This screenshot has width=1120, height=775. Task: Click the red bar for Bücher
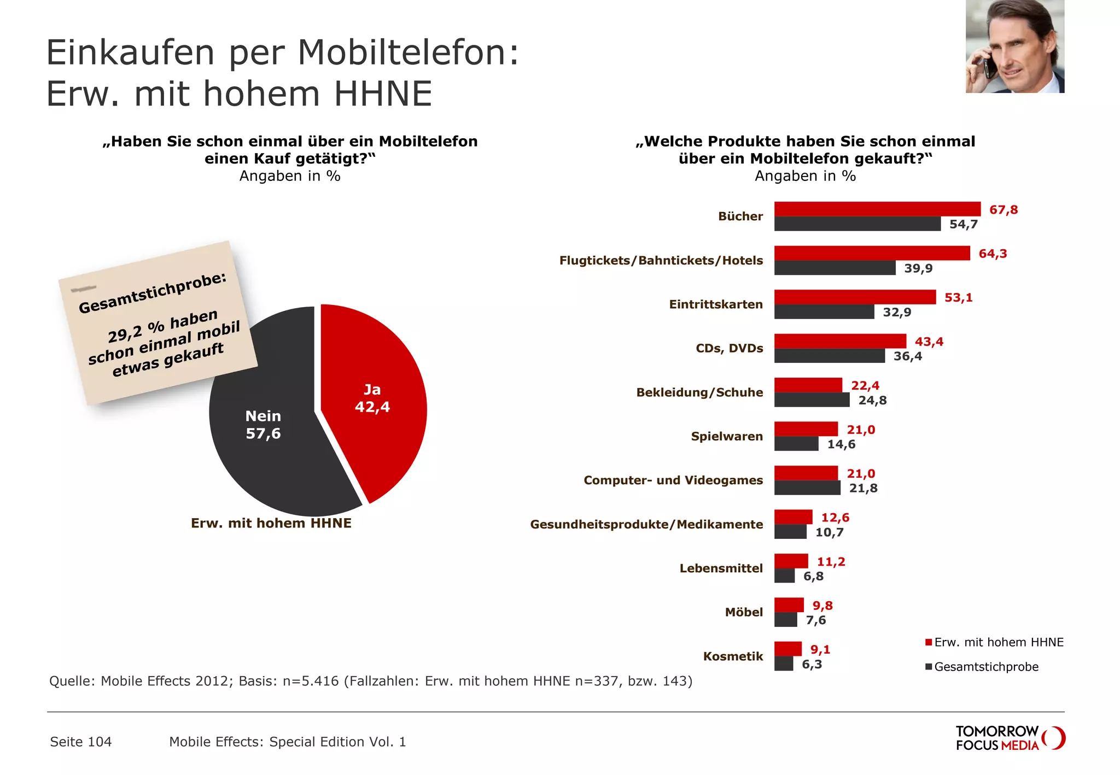pyautogui.click(x=877, y=209)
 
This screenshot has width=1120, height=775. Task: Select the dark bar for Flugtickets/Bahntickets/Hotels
pyautogui.click(x=835, y=268)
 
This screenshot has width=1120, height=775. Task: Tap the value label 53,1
pyautogui.click(x=958, y=298)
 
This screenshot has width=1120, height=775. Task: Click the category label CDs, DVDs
pyautogui.click(x=729, y=348)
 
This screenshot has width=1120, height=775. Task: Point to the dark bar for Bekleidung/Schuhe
pyautogui.click(x=812, y=400)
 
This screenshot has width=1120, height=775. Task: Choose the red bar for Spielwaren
pyautogui.click(x=806, y=429)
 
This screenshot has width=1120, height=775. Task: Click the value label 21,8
pyautogui.click(x=863, y=488)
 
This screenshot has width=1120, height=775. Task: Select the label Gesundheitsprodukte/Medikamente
pyautogui.click(x=646, y=524)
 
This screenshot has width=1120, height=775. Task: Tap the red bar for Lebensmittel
pyautogui.click(x=791, y=561)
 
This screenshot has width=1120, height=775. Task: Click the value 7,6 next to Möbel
pyautogui.click(x=815, y=620)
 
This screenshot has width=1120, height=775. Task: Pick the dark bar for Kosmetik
pyautogui.click(x=784, y=664)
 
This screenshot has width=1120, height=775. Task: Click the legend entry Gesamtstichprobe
pyautogui.click(x=985, y=667)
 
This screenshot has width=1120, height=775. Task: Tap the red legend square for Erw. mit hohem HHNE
pyautogui.click(x=928, y=642)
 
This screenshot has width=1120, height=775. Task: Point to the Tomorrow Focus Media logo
pyautogui.click(x=1010, y=738)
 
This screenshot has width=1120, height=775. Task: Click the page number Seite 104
pyautogui.click(x=81, y=742)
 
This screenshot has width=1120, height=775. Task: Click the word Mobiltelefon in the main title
pyautogui.click(x=407, y=53)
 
